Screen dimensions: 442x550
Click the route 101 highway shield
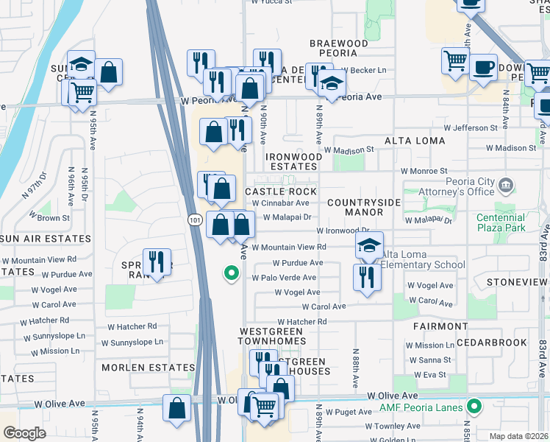coord(193,220)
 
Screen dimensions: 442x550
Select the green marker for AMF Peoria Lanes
coord(474,406)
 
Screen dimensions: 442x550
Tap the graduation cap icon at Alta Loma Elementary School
coord(369,247)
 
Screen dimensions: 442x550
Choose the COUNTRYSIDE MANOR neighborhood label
coord(364,207)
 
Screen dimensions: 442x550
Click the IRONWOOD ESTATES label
coord(293,161)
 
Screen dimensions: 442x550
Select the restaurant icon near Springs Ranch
coord(157,262)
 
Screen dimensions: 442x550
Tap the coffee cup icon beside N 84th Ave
coord(483,68)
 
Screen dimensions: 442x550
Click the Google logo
coord(24,433)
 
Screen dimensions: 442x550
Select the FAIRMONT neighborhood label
coord(440,326)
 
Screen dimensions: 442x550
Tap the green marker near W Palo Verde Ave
coord(231,275)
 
